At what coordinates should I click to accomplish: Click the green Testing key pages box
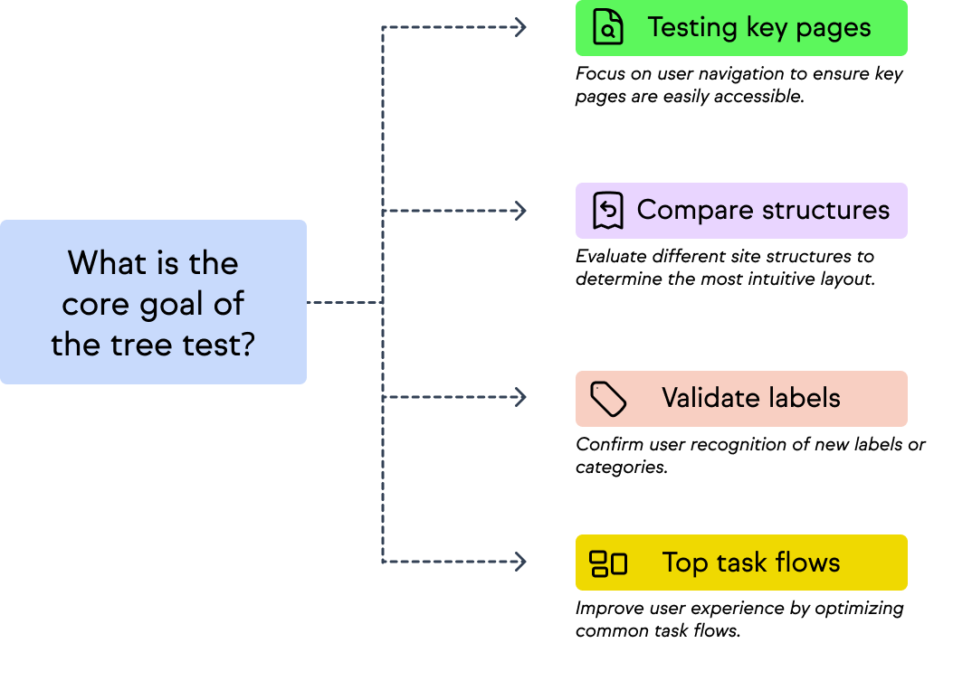[x=741, y=28]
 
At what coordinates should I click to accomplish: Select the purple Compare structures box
[x=741, y=211]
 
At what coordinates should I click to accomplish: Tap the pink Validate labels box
[x=741, y=398]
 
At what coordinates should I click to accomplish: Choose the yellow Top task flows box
[x=741, y=563]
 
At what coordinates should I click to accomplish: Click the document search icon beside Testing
[x=608, y=28]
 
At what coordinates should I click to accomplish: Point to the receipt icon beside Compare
[x=608, y=211]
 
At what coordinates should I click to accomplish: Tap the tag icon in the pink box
[x=608, y=398]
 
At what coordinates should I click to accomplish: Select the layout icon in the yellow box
[x=608, y=563]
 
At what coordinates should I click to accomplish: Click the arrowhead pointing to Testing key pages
[x=520, y=28]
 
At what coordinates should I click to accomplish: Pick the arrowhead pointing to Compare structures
[x=520, y=211]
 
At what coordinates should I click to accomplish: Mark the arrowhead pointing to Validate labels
[x=520, y=397]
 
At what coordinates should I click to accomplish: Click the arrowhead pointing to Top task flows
[x=520, y=562]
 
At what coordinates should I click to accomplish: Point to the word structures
[x=825, y=210]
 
